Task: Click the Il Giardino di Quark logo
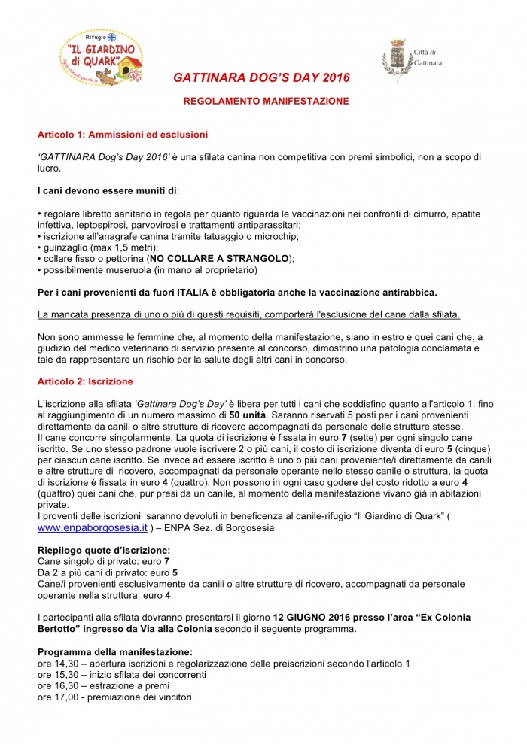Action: point(101,53)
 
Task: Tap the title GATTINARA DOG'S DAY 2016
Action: point(261,77)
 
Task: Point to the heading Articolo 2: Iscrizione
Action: point(85,381)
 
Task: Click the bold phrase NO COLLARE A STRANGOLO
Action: point(219,258)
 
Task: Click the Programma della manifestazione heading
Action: point(114,651)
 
